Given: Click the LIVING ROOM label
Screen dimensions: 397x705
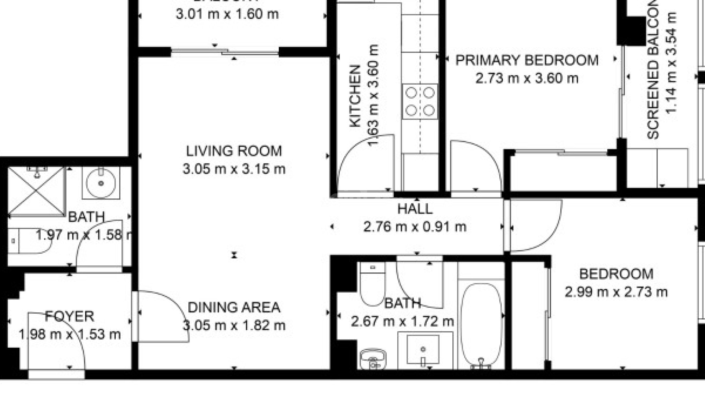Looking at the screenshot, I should tap(234, 151).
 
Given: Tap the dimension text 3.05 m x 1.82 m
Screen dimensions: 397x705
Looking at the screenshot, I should tap(234, 325).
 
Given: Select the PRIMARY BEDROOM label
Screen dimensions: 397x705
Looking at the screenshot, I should tap(527, 60).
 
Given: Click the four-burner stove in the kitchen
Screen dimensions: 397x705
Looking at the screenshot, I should tap(420, 101).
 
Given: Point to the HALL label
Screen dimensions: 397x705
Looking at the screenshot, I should tap(415, 209).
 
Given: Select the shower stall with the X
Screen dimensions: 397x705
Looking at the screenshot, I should tap(36, 191).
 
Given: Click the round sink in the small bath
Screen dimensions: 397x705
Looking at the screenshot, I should tap(101, 183).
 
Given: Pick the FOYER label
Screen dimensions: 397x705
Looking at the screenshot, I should tap(69, 316).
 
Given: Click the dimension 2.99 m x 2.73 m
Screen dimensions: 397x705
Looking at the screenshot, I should tap(616, 292).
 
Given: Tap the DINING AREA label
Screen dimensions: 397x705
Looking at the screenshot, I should tap(234, 307).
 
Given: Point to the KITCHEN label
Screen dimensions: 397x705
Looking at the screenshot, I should tap(355, 96).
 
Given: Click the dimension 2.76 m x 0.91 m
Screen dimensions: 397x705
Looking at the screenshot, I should tap(415, 227).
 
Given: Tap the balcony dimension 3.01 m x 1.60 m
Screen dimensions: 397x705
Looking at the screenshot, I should tap(227, 14).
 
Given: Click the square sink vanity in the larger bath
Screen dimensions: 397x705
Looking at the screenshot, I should tap(423, 349).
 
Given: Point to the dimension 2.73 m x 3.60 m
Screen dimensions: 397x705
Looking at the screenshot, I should tap(527, 78).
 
